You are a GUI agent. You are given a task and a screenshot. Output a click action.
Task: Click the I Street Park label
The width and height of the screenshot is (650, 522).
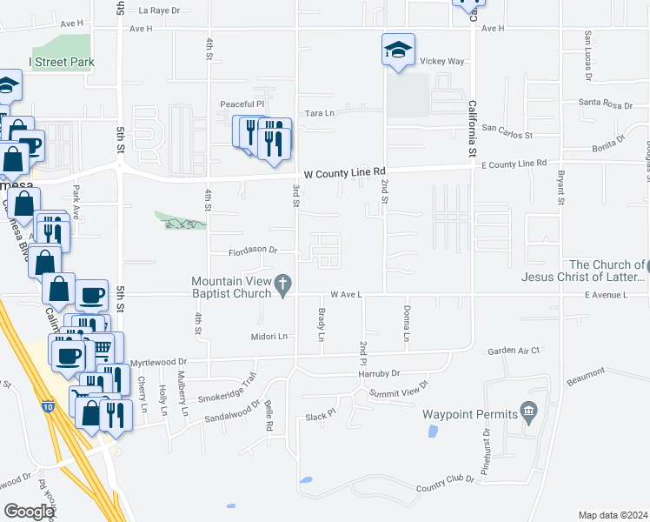[62, 63]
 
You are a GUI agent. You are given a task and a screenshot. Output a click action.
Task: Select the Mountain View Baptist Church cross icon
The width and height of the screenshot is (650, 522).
[282, 284]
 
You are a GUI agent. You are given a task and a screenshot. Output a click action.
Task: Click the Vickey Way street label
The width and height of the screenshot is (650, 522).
[442, 63]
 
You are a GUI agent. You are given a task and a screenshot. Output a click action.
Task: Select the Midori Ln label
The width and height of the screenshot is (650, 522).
[269, 337]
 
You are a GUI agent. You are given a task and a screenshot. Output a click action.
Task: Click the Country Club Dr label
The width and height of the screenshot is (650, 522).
[445, 485]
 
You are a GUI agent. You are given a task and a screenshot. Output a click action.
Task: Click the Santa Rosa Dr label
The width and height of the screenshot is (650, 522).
[606, 104]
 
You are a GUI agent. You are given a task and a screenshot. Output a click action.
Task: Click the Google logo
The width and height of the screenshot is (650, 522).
[30, 512]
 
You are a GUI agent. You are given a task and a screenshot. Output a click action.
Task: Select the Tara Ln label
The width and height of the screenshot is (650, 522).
[320, 113]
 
